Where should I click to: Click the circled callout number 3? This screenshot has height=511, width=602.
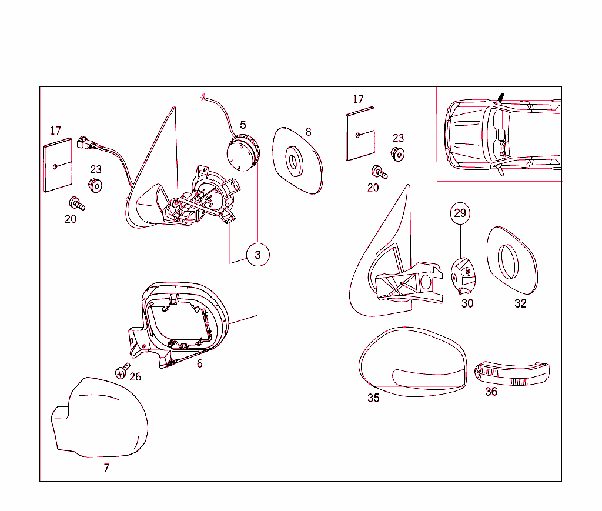coord(257,255)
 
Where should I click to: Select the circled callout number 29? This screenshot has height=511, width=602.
coord(460,213)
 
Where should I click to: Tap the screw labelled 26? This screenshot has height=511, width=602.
coord(122,371)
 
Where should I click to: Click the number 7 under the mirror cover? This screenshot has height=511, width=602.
coord(106,467)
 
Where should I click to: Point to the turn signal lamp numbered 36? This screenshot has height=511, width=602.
coord(512,373)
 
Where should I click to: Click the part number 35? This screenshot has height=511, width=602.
coord(373,398)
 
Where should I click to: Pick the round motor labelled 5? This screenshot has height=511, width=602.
coord(243,152)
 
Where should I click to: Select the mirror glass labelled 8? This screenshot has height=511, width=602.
coord(297,161)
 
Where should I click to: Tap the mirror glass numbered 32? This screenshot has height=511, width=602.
coord(512,260)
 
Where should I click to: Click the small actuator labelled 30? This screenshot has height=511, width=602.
coord(463,275)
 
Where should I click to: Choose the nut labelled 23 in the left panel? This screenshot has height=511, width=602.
coord(95,186)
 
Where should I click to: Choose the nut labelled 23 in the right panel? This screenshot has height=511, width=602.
coord(397,154)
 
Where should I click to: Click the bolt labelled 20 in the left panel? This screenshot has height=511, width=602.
coord(77,203)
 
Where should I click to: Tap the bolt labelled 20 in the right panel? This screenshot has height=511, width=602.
coord(379,172)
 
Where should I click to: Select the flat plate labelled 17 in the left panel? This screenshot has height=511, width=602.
coord(58,165)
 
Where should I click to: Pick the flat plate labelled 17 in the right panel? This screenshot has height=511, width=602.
coord(360,133)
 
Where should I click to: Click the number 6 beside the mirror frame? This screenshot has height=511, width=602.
coord(200,363)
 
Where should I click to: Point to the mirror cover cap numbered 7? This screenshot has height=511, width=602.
coord(99,418)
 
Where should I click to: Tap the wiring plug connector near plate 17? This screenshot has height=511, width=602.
coord(87,143)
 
